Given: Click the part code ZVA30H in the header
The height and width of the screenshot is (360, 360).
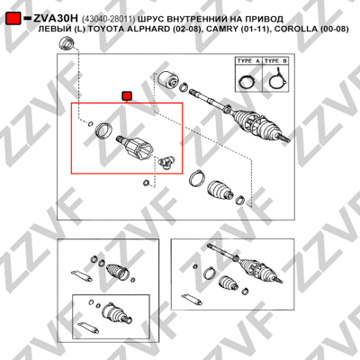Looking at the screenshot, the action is pyautogui.click(x=56, y=19).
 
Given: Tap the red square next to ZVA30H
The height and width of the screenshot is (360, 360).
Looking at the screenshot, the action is pyautogui.click(x=13, y=19).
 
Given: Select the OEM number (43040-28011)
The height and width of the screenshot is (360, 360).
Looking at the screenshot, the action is pyautogui.click(x=108, y=19).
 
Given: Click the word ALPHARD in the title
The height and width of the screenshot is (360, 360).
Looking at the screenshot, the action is pyautogui.click(x=154, y=29).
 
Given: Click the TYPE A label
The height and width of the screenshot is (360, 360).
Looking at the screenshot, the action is pyautogui.click(x=248, y=61).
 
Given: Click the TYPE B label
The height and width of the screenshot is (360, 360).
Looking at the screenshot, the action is pyautogui.click(x=275, y=61).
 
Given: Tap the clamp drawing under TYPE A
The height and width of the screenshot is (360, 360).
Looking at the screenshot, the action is pyautogui.click(x=247, y=82).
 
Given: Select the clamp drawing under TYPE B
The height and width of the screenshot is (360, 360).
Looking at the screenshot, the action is pyautogui.click(x=277, y=79).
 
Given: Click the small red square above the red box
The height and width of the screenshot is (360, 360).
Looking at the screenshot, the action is pyautogui.click(x=127, y=96).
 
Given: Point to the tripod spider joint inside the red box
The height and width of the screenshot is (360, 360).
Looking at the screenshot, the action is pyautogui.click(x=166, y=162).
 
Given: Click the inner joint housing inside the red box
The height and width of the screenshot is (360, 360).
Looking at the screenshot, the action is pyautogui.click(x=135, y=147).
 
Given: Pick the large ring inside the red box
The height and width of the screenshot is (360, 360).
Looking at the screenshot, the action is pyautogui.click(x=103, y=131).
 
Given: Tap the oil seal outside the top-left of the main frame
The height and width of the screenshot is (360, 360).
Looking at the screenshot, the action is pyautogui.click(x=67, y=43).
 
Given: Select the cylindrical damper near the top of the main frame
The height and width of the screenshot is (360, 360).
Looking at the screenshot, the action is pyautogui.click(x=167, y=80).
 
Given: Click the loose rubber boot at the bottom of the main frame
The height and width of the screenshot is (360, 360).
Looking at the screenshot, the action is pyautogui.click(x=220, y=191).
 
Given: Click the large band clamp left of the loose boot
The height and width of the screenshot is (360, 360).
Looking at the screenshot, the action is pyautogui.click(x=197, y=178).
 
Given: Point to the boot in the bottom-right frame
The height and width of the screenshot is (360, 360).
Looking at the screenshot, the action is pyautogui.click(x=229, y=283).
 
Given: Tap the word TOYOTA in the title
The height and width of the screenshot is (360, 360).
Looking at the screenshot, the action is pyautogui.click(x=105, y=29).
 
